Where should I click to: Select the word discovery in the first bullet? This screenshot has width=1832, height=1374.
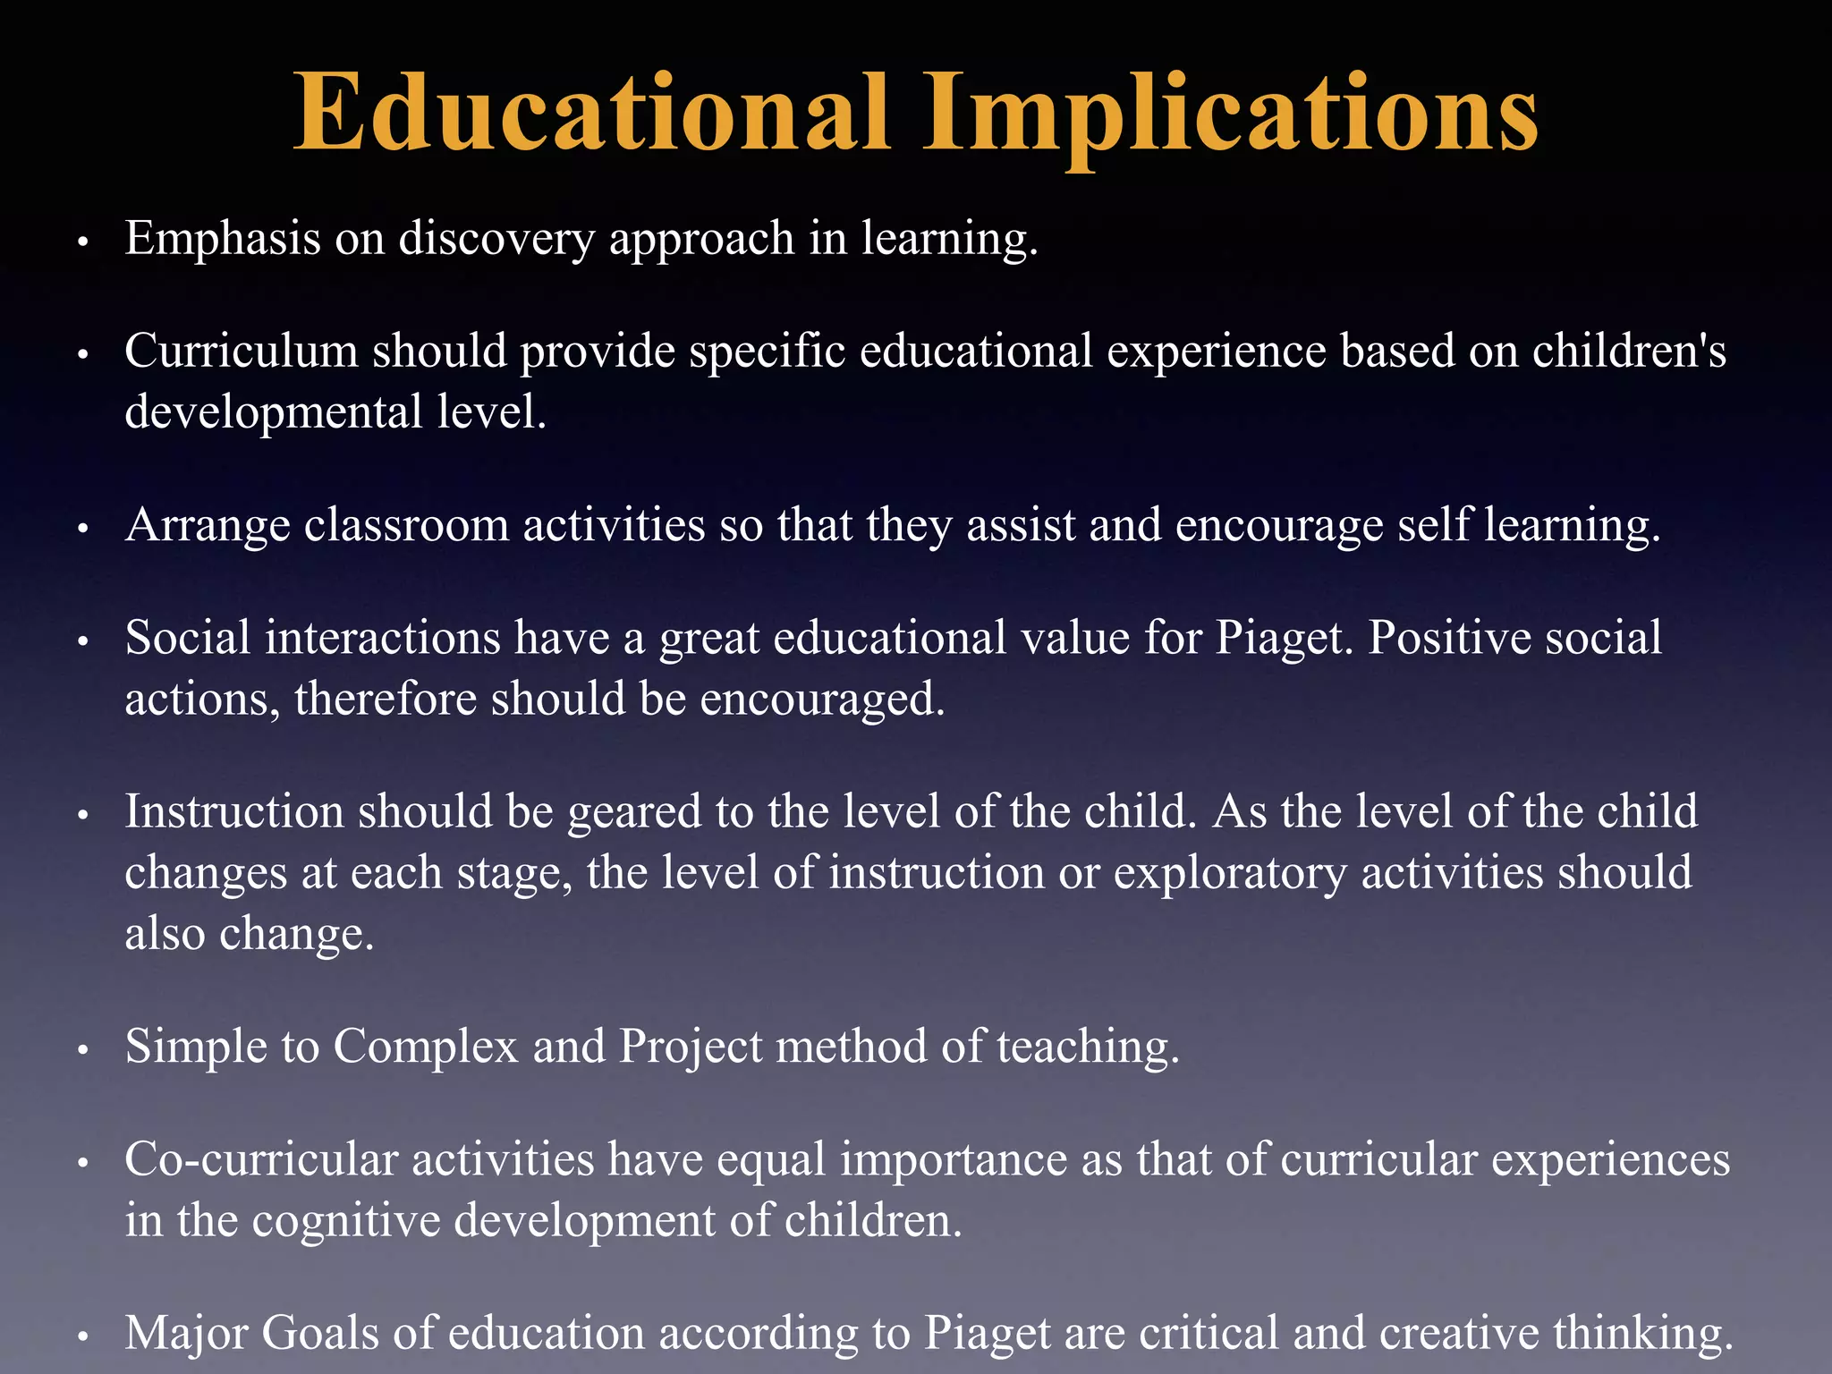pyautogui.click(x=496, y=240)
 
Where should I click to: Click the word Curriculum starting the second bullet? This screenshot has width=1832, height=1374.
pyautogui.click(x=241, y=351)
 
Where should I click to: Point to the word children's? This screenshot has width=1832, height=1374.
pyautogui.click(x=1629, y=351)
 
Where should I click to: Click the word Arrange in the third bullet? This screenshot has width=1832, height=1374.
pyautogui.click(x=208, y=525)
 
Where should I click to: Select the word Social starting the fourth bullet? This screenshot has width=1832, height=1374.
pyautogui.click(x=188, y=639)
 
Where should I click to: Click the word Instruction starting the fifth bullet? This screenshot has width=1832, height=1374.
pyautogui.click(x=234, y=812)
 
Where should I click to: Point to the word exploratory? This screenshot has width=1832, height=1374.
pyautogui.click(x=1230, y=873)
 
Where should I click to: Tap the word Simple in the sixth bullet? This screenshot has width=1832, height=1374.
pyautogui.click(x=196, y=1047)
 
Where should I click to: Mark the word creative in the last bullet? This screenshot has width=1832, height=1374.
pyautogui.click(x=1459, y=1334)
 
